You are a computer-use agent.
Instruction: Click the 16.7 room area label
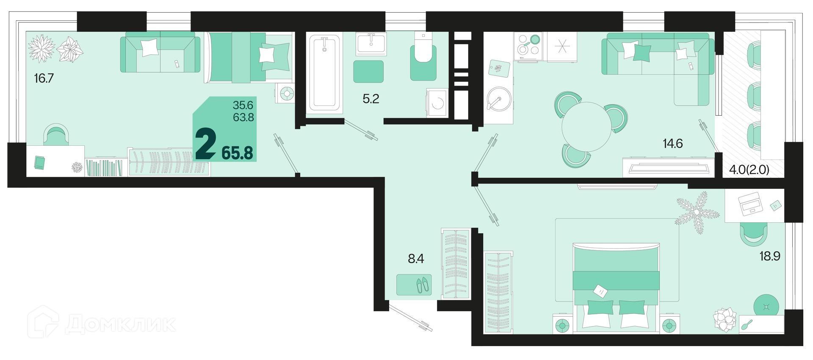click(44, 78)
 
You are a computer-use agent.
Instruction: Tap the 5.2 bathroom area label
click(371, 99)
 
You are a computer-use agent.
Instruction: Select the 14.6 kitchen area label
click(673, 144)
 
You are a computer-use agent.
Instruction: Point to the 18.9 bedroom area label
click(770, 256)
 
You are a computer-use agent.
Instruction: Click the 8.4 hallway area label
click(416, 258)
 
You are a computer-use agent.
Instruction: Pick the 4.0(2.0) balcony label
click(749, 170)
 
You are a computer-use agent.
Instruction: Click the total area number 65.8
click(237, 153)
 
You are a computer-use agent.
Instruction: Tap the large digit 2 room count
click(206, 144)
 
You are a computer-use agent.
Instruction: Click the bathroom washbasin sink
click(371, 44)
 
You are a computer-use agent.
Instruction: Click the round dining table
click(587, 127)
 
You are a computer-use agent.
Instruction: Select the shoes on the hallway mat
click(423, 285)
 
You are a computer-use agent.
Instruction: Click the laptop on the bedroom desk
click(750, 204)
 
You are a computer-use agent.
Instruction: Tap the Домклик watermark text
click(121, 324)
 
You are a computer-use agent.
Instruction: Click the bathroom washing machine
click(437, 102)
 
